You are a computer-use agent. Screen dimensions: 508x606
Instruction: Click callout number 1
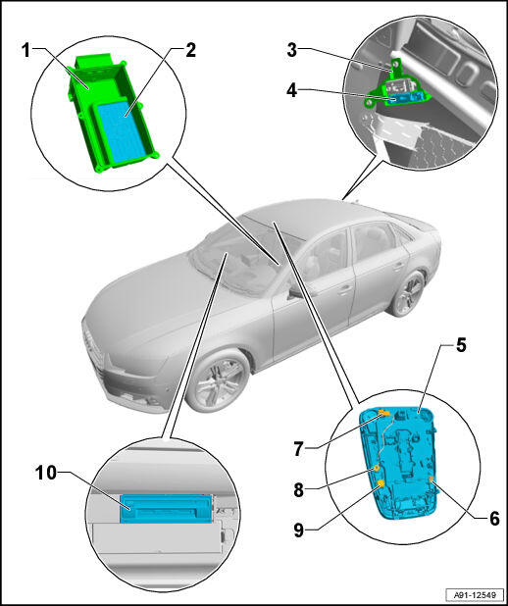pos(25,50)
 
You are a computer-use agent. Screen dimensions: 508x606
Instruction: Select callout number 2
pos(190,50)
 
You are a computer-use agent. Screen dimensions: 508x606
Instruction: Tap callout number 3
pos(292,50)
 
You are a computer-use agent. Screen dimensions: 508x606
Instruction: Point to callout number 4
pos(292,90)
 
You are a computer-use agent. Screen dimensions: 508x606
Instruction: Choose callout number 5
pos(461,345)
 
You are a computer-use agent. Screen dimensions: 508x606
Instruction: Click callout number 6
pos(494,519)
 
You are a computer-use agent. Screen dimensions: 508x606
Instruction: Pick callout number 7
pos(298,449)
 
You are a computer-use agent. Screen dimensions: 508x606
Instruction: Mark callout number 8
pos(298,490)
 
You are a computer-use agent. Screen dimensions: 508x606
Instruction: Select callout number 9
pos(298,530)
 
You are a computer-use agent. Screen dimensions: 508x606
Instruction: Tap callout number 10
pos(46,473)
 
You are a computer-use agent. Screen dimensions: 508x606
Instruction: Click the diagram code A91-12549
pos(475,594)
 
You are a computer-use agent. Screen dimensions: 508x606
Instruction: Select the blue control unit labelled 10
pos(167,508)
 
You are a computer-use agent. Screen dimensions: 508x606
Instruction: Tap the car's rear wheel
pos(408,293)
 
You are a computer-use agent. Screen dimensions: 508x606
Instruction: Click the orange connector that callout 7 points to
pos(383,415)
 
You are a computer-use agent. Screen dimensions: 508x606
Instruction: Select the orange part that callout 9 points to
pos(381,484)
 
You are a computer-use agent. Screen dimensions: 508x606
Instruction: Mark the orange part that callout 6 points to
pos(431,480)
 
